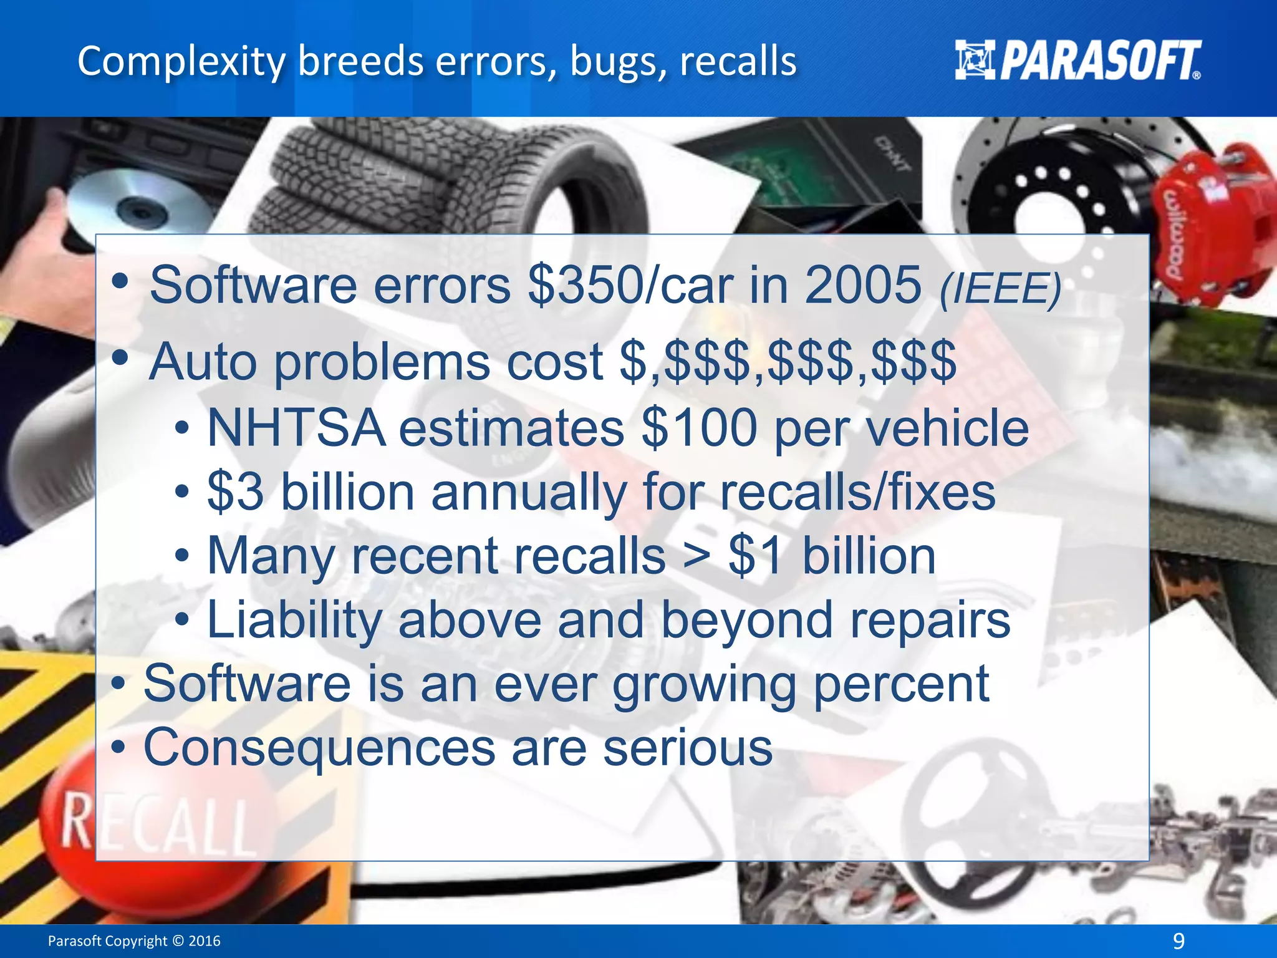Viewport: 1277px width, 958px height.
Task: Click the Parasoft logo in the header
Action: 1077,60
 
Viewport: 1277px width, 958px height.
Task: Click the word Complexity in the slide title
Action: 181,62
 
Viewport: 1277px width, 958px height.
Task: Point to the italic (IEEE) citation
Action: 1000,289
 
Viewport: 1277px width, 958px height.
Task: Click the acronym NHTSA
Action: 297,428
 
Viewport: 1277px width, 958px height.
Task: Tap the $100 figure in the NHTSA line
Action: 700,428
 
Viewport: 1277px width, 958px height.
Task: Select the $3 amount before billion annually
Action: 236,492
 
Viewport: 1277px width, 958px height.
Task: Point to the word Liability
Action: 295,621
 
